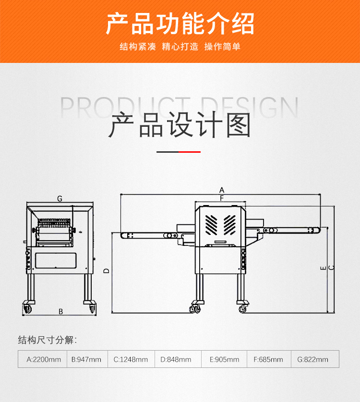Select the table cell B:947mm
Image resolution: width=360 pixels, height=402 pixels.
pos(87,359)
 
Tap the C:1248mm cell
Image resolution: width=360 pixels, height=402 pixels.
pos(131,359)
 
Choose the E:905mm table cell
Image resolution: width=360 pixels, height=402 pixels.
pos(224,359)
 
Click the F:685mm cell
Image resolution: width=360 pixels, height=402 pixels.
pos(269,359)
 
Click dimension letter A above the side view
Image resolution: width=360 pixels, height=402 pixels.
pos(222,190)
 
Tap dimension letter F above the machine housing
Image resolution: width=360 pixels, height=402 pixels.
pos(222,198)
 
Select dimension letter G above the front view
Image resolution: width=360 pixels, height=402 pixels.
pos(60,198)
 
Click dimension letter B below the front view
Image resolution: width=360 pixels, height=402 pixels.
pos(61,311)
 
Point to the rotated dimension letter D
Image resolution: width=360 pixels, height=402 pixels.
pos(107,271)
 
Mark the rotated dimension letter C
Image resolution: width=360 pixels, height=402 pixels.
pos(331,268)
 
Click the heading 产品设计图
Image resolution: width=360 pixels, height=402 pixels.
pos(180,125)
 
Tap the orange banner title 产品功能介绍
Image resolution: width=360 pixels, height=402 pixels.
pos(180,24)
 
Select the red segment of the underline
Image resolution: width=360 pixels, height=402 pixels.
pos(190,152)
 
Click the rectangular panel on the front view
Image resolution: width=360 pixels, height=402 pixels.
pos(56,260)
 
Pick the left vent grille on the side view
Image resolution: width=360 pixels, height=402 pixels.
pos(211,225)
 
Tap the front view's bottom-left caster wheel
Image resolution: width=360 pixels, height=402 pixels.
pos(28,308)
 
